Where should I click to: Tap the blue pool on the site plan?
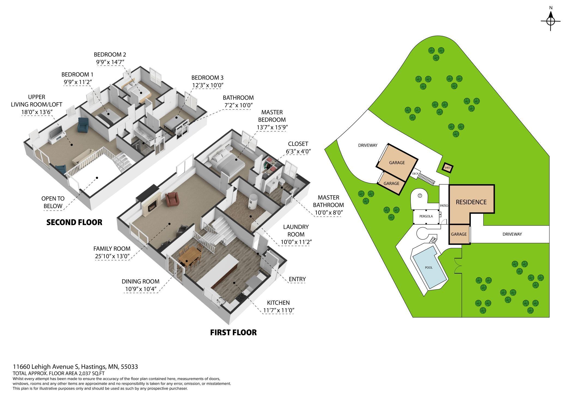click(429, 267)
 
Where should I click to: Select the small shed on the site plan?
click(447, 167)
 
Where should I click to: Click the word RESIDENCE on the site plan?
click(471, 202)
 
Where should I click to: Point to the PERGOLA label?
click(426, 216)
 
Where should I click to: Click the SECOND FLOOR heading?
click(74, 222)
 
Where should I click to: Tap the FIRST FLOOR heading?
click(233, 332)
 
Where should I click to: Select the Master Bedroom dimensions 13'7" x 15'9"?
click(272, 127)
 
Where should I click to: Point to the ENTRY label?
click(297, 279)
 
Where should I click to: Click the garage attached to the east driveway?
click(459, 234)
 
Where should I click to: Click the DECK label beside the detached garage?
click(415, 173)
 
